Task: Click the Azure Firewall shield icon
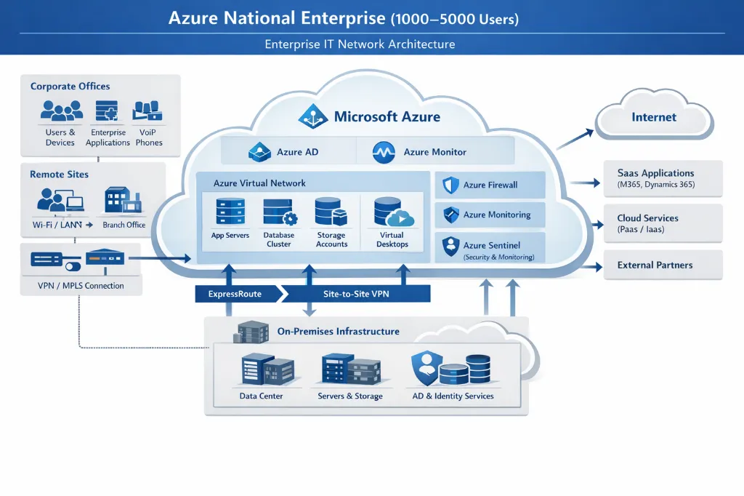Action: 449,185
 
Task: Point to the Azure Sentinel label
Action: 492,245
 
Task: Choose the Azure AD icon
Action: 259,153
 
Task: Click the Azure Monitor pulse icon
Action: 383,153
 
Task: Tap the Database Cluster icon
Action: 279,212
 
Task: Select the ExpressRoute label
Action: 235,295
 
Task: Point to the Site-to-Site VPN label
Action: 356,295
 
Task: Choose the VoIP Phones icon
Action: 148,111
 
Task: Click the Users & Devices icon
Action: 61,111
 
